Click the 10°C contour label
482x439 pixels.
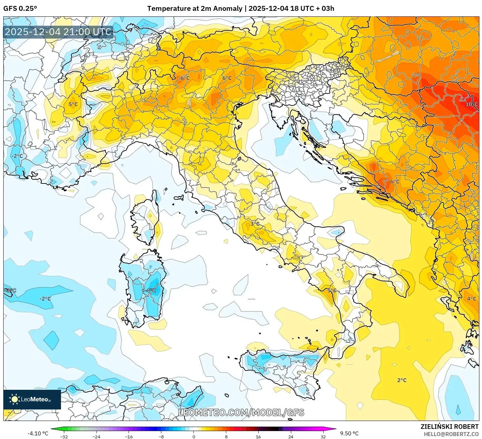click(472, 104)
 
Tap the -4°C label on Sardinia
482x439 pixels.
click(151, 290)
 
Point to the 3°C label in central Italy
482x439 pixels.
click(255, 224)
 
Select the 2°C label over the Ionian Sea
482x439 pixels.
click(402, 380)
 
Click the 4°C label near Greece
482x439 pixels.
click(472, 299)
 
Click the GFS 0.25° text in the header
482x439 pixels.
click(20, 9)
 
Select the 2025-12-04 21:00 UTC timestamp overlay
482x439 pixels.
click(58, 32)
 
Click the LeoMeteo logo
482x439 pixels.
click(32, 399)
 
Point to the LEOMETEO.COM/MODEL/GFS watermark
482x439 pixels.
click(241, 412)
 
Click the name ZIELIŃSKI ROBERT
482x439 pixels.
click(450, 427)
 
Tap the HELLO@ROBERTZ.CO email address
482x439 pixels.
click(451, 434)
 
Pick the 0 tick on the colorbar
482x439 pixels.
click(194, 436)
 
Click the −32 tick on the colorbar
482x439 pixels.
click(64, 436)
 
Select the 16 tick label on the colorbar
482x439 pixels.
click(258, 436)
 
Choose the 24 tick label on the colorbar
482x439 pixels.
click(291, 436)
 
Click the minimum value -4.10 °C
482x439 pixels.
click(38, 433)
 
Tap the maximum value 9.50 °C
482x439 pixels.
click(349, 433)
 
